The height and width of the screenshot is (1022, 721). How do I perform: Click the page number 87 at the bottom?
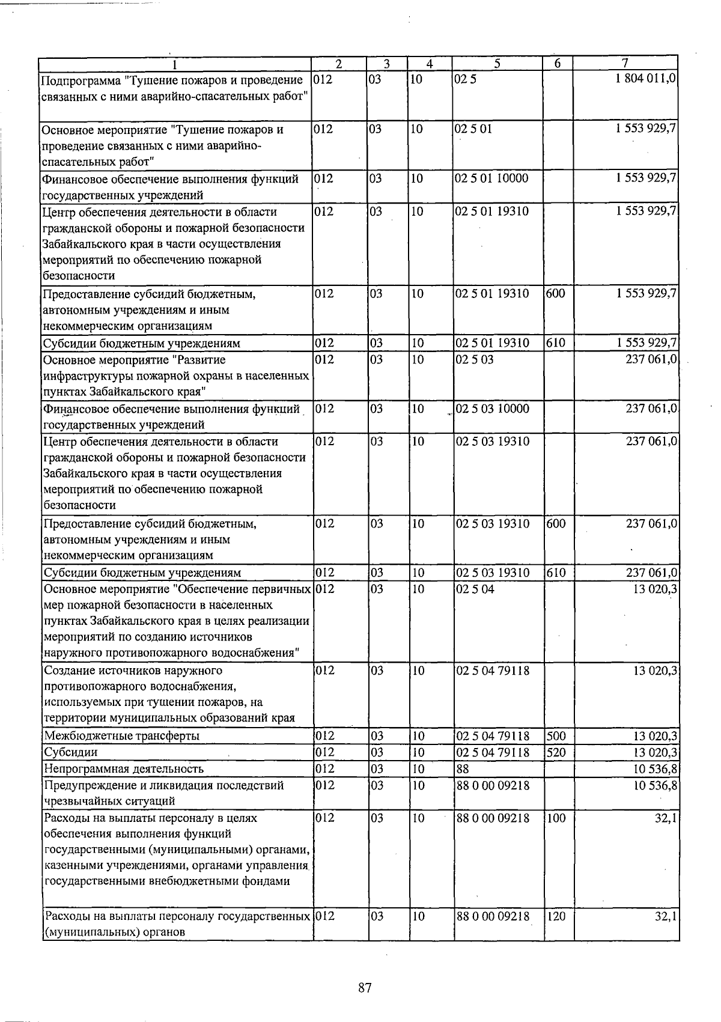click(365, 987)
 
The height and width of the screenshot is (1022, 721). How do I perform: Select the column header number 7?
click(625, 64)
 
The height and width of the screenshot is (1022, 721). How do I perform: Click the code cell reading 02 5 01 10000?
click(492, 178)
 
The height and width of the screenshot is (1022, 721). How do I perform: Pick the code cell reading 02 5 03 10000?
click(493, 409)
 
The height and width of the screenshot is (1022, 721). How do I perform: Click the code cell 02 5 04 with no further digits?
click(475, 589)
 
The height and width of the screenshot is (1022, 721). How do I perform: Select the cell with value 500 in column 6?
click(556, 736)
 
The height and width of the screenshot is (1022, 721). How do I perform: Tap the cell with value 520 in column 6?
click(556, 752)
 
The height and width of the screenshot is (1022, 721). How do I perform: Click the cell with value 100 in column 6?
click(556, 818)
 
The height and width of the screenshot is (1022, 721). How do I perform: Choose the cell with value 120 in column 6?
click(556, 917)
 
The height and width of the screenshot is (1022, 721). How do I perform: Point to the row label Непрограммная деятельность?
click(124, 768)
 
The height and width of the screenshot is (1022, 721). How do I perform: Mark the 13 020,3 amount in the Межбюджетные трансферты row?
click(656, 736)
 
